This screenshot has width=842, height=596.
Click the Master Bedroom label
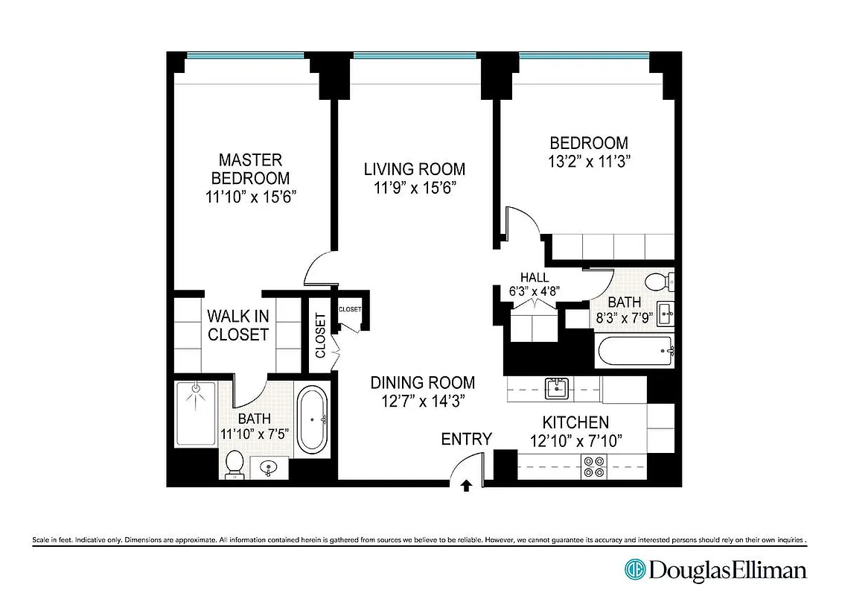tap(250, 169)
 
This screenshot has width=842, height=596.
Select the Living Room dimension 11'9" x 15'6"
tap(415, 187)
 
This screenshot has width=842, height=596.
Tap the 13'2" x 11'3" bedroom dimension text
tap(589, 160)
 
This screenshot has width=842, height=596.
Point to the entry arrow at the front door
tap(466, 486)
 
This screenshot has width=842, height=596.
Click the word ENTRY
tap(467, 439)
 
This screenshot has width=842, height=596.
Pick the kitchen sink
tap(556, 387)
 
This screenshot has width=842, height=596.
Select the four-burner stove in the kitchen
tap(596, 466)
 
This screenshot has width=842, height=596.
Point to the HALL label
tap(535, 277)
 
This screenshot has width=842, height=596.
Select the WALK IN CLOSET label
tap(238, 326)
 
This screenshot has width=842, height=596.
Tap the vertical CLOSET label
tap(321, 336)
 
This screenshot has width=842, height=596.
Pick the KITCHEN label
tap(575, 422)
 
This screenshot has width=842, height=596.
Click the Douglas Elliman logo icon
tap(635, 570)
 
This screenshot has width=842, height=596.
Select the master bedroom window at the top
tap(245, 55)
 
